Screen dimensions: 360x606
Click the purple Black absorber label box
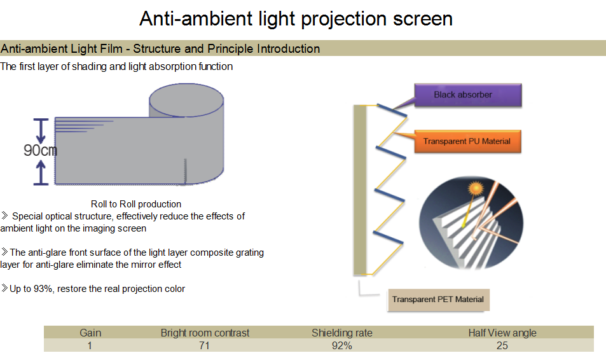(467, 95)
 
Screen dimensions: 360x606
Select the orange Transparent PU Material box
(467, 141)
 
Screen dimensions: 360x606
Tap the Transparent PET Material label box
(437, 299)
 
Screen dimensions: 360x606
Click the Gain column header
(90, 333)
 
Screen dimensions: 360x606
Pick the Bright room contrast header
(205, 333)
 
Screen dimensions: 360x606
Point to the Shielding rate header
(341, 333)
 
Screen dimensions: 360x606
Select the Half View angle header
(502, 333)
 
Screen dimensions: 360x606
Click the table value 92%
(341, 345)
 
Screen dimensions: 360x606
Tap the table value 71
(204, 345)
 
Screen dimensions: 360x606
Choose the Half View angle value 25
(502, 345)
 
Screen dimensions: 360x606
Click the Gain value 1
(90, 345)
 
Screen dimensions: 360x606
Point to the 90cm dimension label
(40, 151)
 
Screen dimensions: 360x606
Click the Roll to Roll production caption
(136, 204)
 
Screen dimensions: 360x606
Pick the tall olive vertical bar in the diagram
(361, 190)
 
